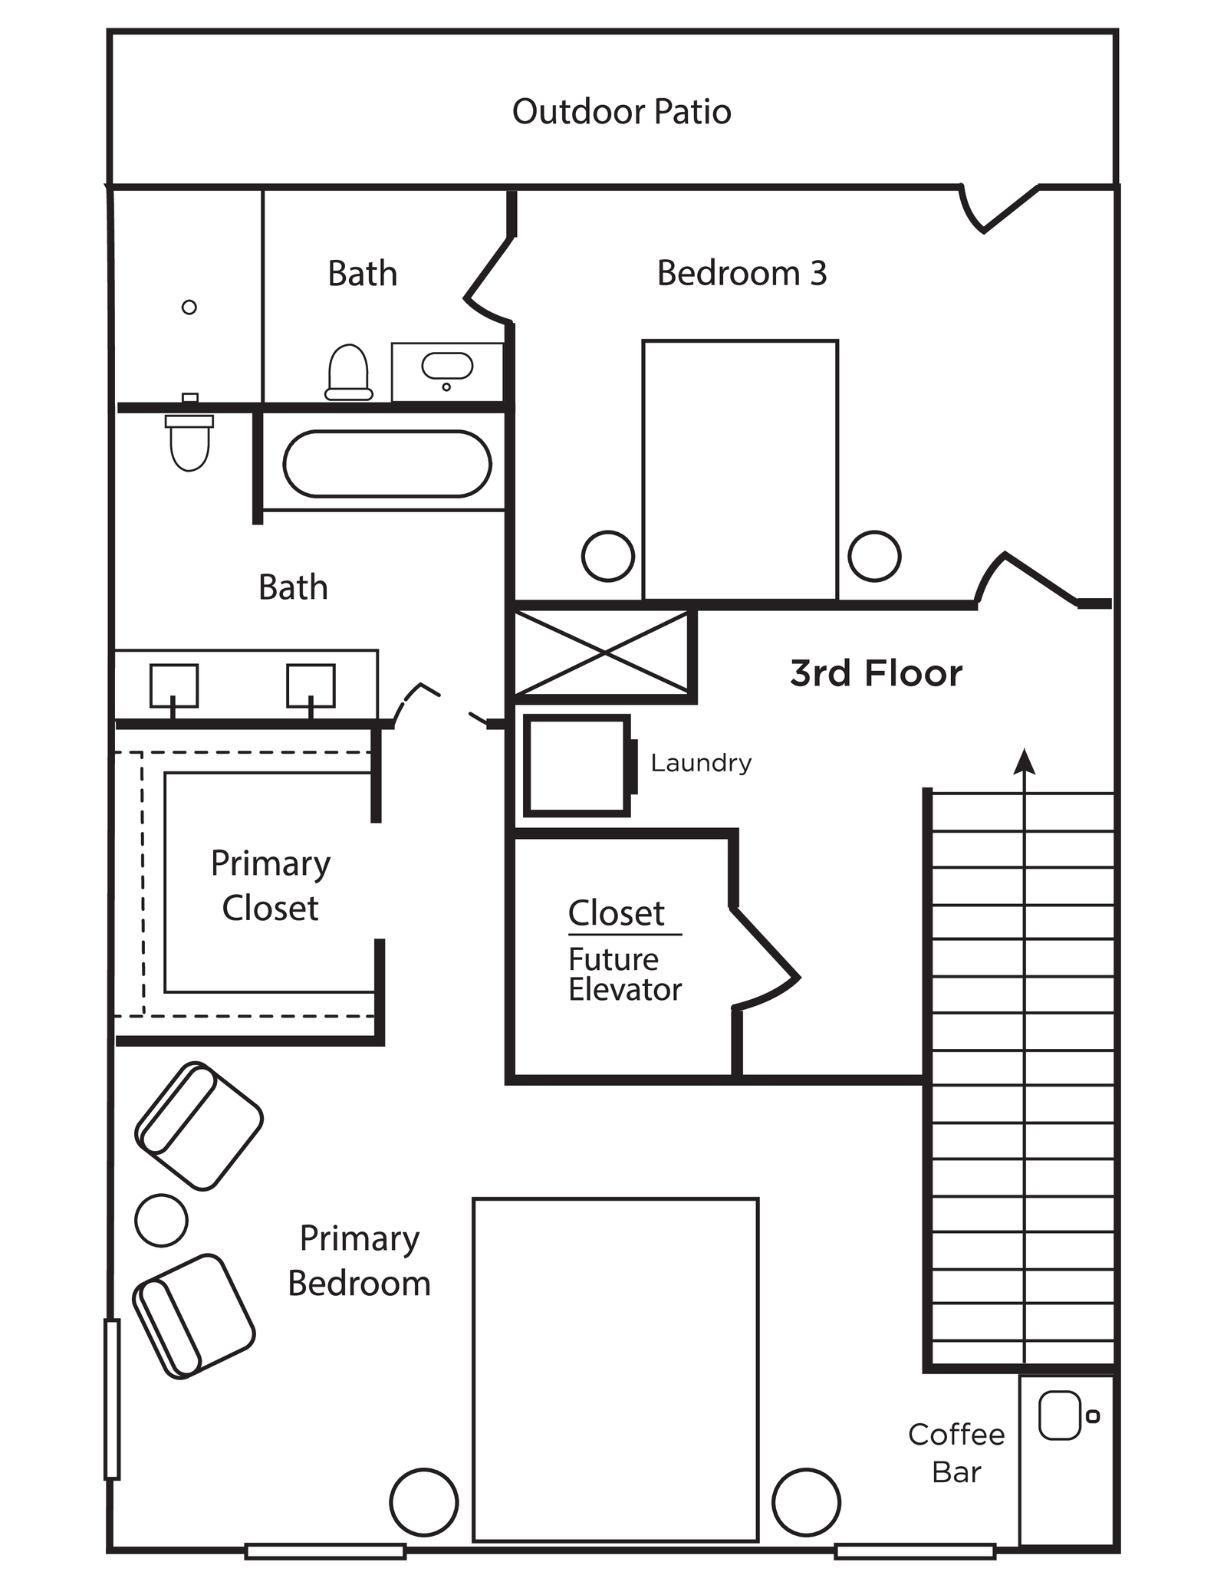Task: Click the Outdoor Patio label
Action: point(621,112)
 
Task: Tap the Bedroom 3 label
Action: point(742,274)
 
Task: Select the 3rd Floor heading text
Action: point(876,673)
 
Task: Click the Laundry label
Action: point(701,763)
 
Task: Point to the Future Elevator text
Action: point(624,975)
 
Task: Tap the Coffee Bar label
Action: point(956,1453)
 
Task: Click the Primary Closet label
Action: point(270,886)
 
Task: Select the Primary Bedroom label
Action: point(359,1261)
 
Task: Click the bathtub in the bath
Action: point(387,464)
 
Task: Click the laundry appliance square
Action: point(577,764)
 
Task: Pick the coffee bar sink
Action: point(1059,1415)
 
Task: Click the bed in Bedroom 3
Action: point(740,469)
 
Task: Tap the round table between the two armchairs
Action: point(161,1220)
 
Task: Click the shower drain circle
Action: point(189,307)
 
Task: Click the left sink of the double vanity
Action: point(173,685)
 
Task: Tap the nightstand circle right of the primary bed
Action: point(806,1502)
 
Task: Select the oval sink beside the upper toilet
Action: point(447,366)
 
